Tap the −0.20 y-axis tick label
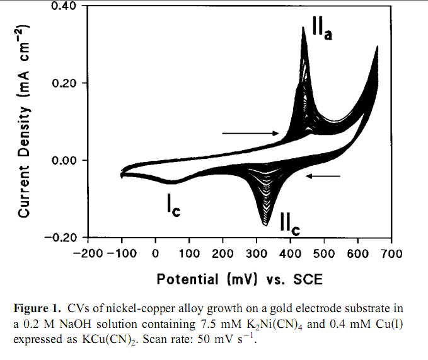click(59, 237)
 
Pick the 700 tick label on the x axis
click(391, 253)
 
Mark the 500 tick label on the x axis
click(324, 253)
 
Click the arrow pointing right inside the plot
click(250, 133)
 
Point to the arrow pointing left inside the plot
click(323, 176)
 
